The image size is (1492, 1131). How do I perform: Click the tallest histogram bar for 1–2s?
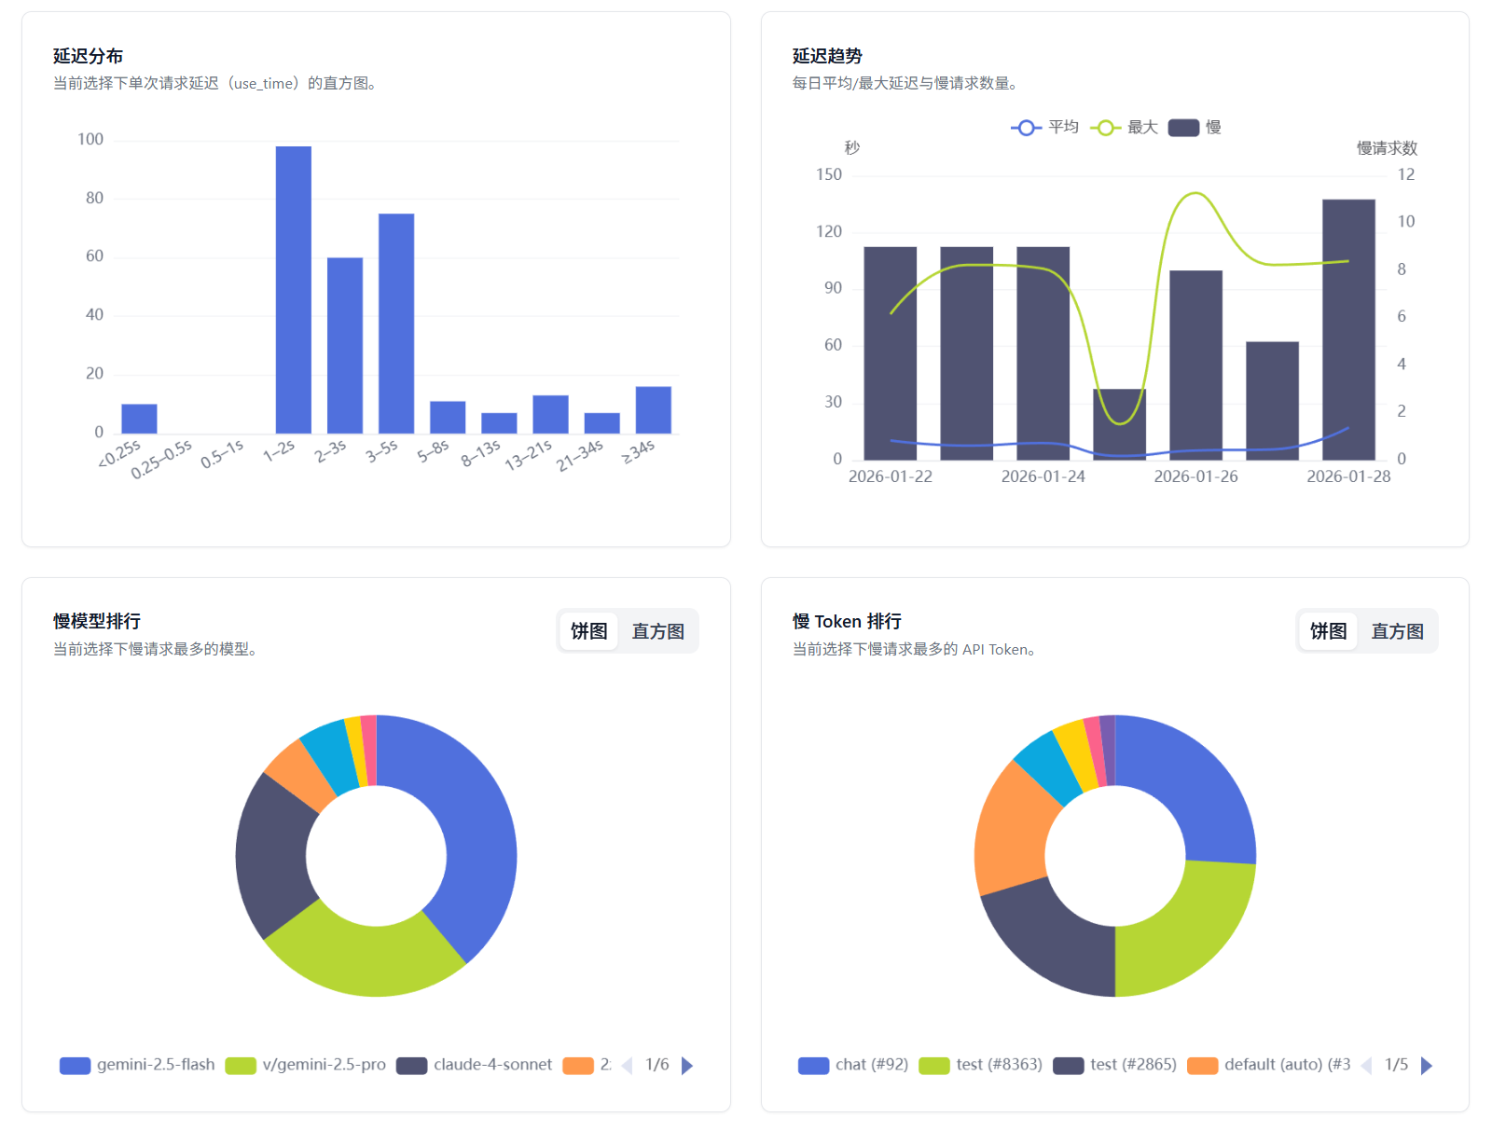293,289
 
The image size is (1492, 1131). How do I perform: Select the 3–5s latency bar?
396,323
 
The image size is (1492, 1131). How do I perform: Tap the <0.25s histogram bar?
139,419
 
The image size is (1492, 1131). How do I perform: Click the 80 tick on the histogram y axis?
94,198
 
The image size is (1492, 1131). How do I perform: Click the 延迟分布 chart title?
88,56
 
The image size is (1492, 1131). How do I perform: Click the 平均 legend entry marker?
1026,128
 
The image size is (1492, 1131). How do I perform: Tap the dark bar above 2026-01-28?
1348,328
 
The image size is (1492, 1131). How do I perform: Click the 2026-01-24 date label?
1043,476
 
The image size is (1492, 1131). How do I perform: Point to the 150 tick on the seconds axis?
828,174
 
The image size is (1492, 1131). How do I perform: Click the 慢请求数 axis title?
1386,148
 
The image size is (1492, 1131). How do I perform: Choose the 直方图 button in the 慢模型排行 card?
657,631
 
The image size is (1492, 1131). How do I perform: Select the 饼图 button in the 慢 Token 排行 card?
1328,631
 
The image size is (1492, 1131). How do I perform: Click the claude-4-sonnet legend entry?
477,1065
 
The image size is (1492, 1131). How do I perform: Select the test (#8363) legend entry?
982,1065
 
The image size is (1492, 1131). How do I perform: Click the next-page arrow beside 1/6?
687,1065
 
